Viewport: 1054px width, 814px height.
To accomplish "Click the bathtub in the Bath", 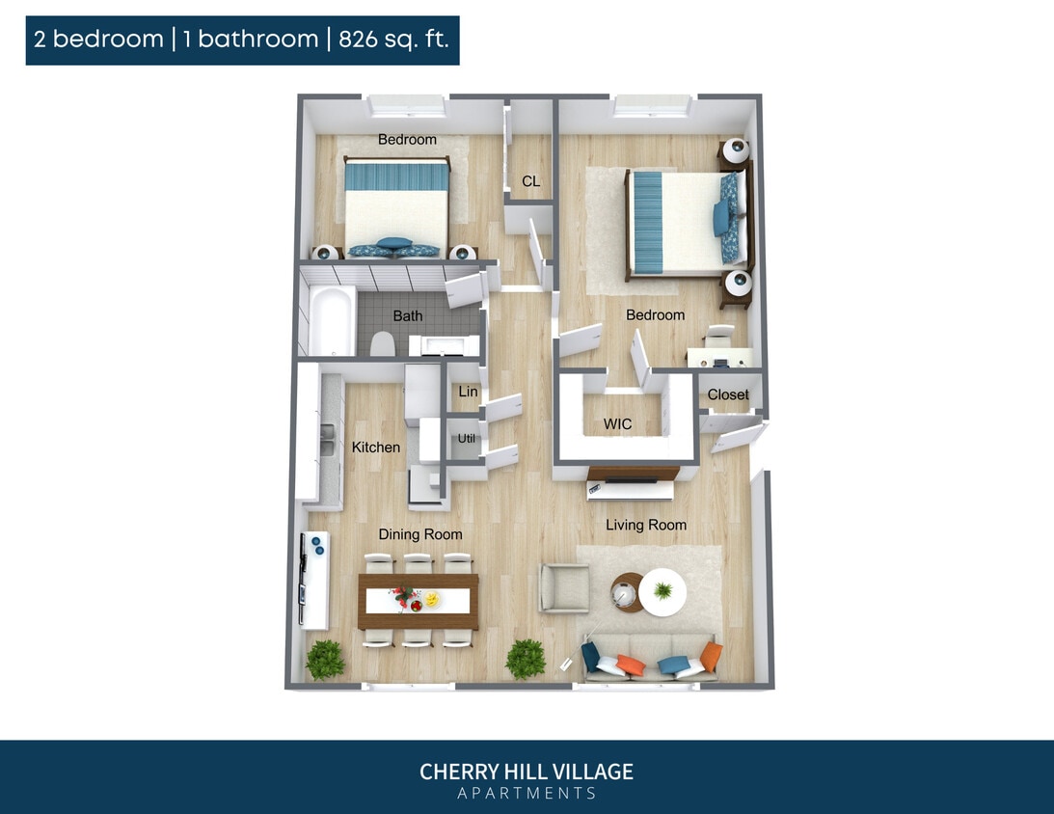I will click(x=332, y=320).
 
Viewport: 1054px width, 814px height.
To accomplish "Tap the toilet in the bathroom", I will click(x=383, y=342).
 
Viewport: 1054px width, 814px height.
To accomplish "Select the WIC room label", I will click(x=617, y=424).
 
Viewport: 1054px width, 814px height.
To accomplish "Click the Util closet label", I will click(x=467, y=438).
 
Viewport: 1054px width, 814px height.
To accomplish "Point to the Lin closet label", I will click(x=468, y=392).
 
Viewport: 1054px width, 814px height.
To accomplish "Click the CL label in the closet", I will click(x=530, y=181).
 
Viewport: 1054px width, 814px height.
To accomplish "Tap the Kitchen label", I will click(x=375, y=448).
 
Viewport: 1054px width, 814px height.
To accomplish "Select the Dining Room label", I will click(x=419, y=534).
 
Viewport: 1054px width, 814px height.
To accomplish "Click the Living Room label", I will click(x=646, y=525).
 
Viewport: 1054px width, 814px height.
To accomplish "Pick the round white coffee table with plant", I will click(x=662, y=591).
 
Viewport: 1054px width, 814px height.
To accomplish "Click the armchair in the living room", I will click(x=563, y=588).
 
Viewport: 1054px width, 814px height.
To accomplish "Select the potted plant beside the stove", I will click(x=325, y=660).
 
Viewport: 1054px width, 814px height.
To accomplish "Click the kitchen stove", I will click(x=314, y=578).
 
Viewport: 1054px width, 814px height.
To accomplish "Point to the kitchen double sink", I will click(x=328, y=439).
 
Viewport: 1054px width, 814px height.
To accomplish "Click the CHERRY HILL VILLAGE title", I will click(x=527, y=772).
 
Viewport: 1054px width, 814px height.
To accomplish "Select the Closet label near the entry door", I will click(x=727, y=394).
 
